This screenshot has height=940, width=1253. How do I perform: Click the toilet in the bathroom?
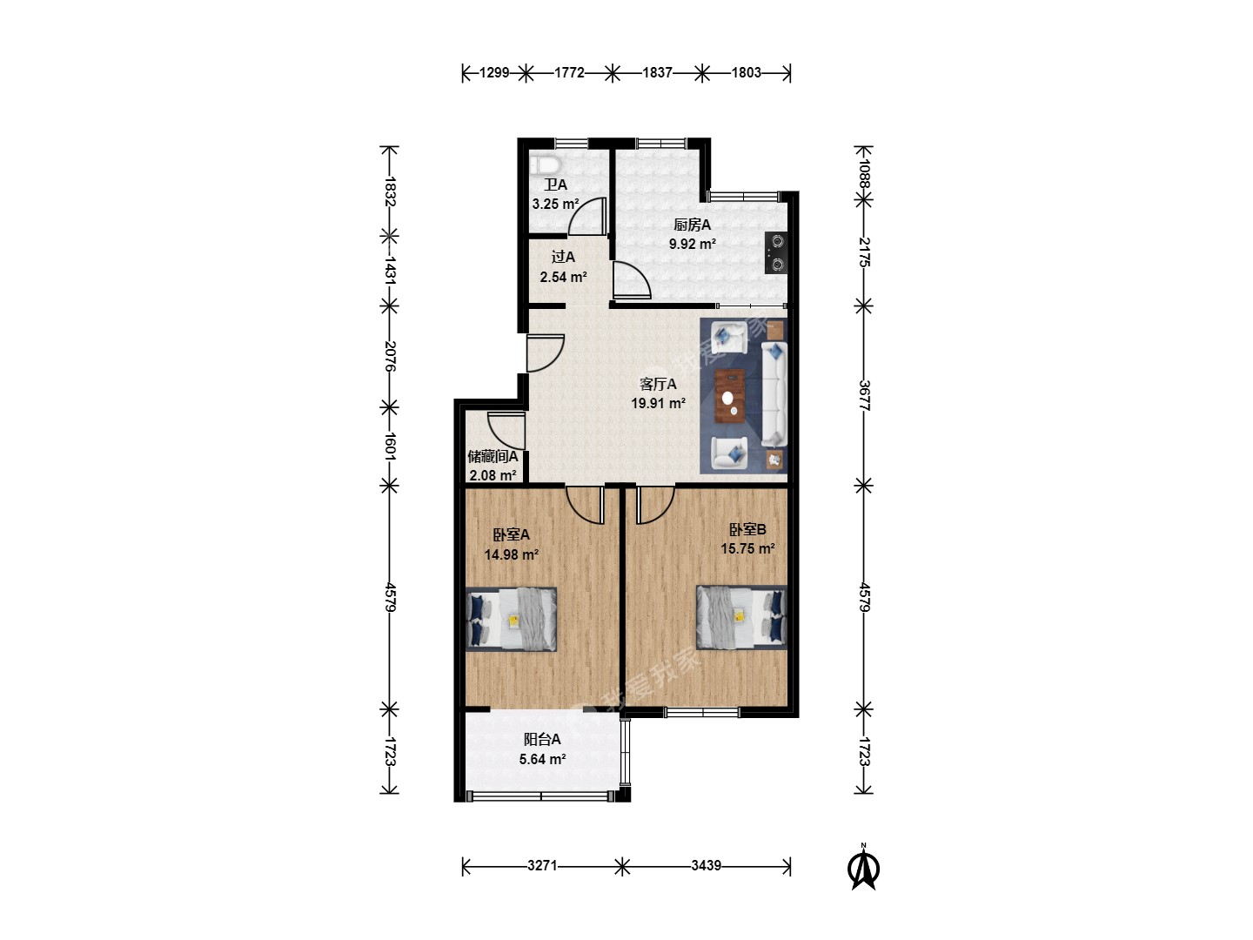pyautogui.click(x=546, y=165)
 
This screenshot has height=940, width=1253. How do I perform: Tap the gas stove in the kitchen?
pyautogui.click(x=776, y=252)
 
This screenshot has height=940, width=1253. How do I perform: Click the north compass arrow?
pyautogui.click(x=864, y=868)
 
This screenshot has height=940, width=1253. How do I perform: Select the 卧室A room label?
pyautogui.click(x=511, y=534)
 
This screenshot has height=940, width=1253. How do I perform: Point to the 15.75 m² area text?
pyautogui.click(x=747, y=548)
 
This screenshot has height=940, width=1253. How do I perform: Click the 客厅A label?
pyautogui.click(x=658, y=384)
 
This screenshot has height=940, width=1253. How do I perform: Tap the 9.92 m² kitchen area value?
pyautogui.click(x=693, y=244)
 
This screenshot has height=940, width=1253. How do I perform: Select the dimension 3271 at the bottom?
pyautogui.click(x=542, y=865)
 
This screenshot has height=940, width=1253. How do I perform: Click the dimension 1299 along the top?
pyautogui.click(x=494, y=72)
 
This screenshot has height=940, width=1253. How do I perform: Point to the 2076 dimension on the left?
pyautogui.click(x=390, y=356)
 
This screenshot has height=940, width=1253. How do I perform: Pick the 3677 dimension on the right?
pyautogui.click(x=864, y=395)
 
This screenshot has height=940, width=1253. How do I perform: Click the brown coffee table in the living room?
pyautogui.click(x=730, y=395)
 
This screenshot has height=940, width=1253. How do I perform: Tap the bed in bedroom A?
pyautogui.click(x=511, y=619)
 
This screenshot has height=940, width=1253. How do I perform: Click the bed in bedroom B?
pyautogui.click(x=741, y=618)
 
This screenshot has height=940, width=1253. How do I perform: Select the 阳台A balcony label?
pyautogui.click(x=542, y=740)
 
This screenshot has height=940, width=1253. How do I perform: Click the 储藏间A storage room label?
pyautogui.click(x=492, y=457)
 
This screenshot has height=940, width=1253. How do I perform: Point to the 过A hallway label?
pyautogui.click(x=563, y=257)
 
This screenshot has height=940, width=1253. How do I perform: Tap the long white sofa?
pyautogui.click(x=774, y=393)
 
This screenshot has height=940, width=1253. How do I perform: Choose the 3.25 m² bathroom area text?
pyautogui.click(x=555, y=204)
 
